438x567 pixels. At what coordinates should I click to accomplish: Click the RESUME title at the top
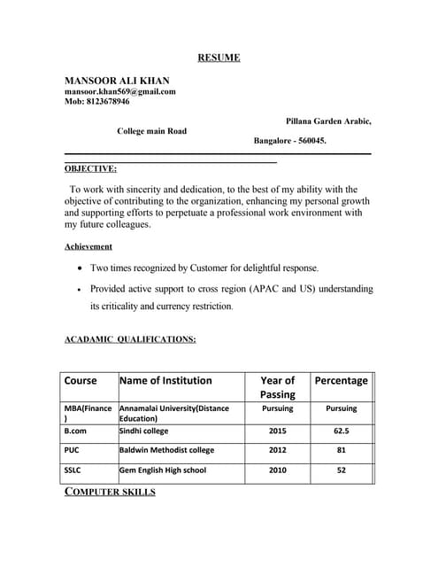pyautogui.click(x=218, y=58)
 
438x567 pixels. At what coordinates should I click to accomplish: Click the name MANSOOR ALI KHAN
pyautogui.click(x=117, y=81)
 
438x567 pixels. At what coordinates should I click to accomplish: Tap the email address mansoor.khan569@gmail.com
pyautogui.click(x=120, y=91)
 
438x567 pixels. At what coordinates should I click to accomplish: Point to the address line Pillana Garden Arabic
pyautogui.click(x=328, y=120)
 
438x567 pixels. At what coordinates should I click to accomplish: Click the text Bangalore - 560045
pyautogui.click(x=290, y=141)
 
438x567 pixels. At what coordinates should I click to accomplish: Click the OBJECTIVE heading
pyautogui.click(x=90, y=168)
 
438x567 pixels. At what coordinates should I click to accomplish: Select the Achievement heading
pyautogui.click(x=88, y=246)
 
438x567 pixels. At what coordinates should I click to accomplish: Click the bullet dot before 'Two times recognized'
pyautogui.click(x=81, y=268)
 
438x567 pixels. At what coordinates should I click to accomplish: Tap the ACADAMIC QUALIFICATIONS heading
pyautogui.click(x=131, y=339)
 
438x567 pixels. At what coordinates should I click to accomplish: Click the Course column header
pyautogui.click(x=81, y=381)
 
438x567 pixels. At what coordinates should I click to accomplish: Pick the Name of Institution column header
pyautogui.click(x=165, y=381)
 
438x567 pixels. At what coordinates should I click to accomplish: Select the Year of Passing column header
pyautogui.click(x=277, y=387)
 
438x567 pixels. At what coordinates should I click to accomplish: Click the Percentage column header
pyautogui.click(x=341, y=381)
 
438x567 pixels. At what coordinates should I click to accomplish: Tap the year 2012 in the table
pyautogui.click(x=277, y=450)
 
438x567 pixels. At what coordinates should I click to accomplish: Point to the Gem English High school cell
pyautogui.click(x=162, y=470)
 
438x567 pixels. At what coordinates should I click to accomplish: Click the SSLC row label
pyautogui.click(x=74, y=470)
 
